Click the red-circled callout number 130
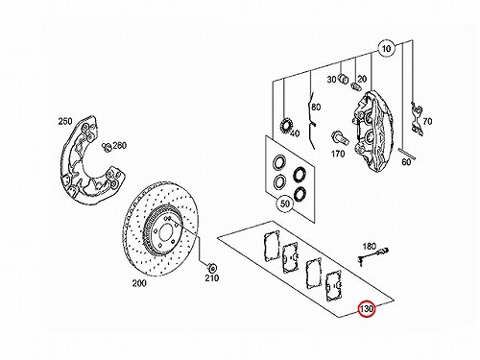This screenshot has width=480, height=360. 367,309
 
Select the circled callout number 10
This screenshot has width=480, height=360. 387,49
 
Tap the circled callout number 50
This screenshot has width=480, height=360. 285,204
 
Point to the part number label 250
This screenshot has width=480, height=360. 65,121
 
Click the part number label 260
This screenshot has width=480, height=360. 119,145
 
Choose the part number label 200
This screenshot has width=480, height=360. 139,283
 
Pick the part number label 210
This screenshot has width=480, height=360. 212,277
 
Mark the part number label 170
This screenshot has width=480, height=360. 338,154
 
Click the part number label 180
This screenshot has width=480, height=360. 370,246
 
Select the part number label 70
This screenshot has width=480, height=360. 427,122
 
